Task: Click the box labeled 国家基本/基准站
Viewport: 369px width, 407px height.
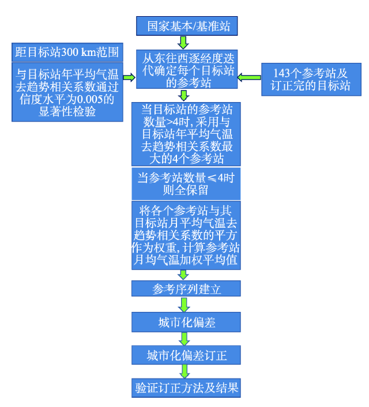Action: pos(187,26)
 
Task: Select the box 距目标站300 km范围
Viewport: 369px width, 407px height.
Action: pos(67,52)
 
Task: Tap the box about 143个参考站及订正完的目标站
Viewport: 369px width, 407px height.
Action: pos(311,80)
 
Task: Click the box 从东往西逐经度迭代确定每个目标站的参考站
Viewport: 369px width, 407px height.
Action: pos(187,69)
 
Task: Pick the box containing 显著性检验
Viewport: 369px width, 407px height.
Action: pos(67,92)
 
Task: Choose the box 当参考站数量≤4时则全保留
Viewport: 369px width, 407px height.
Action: pos(186,184)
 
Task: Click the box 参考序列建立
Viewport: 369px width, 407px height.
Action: pos(186,288)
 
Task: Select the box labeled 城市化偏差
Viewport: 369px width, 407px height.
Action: pos(186,322)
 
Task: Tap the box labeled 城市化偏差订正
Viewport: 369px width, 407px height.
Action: pos(186,355)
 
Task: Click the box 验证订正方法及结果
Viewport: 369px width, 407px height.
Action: pos(186,388)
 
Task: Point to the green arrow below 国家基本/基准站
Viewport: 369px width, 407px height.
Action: pos(183,43)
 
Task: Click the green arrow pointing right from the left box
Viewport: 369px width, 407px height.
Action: pos(129,77)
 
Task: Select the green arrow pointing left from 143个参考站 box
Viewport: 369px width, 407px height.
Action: pos(249,77)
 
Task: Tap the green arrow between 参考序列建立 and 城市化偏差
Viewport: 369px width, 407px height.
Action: pos(184,304)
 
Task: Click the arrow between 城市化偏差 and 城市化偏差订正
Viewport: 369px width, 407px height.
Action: pos(184,339)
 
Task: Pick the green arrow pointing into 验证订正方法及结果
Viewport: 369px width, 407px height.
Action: pos(184,371)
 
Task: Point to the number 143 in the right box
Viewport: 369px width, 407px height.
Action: pos(281,73)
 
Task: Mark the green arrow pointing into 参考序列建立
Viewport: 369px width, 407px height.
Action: pos(183,275)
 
